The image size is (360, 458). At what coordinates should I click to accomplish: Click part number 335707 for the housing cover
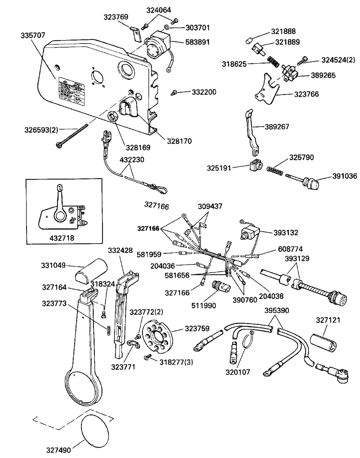pyautogui.click(x=33, y=35)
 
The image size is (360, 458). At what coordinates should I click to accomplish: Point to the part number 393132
pyautogui.click(x=285, y=233)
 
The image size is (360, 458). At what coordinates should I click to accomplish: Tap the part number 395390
pyautogui.click(x=277, y=310)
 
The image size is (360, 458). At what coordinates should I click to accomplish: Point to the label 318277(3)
pyautogui.click(x=176, y=362)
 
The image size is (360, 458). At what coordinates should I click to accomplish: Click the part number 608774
pyautogui.click(x=290, y=249)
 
